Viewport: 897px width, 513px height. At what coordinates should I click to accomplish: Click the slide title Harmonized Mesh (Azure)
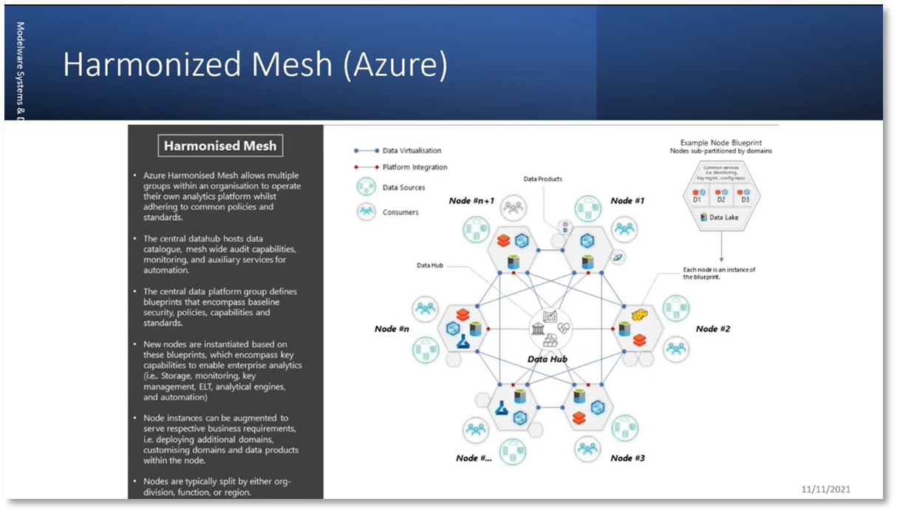(x=255, y=65)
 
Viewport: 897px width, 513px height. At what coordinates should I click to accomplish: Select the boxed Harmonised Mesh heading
(x=220, y=146)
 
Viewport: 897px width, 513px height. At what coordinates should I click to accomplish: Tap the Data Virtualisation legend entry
(x=411, y=151)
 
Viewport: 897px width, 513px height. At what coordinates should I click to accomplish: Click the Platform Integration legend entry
(x=414, y=167)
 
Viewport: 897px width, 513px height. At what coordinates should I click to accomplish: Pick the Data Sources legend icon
(x=366, y=188)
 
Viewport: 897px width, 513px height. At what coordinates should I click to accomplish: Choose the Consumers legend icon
(x=366, y=212)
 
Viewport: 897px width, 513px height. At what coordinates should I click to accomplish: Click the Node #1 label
(x=627, y=200)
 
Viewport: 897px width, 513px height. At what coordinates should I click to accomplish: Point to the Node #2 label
(x=712, y=329)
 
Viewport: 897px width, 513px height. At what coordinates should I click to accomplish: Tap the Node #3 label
(x=627, y=458)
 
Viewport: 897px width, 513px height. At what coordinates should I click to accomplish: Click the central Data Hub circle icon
(x=548, y=328)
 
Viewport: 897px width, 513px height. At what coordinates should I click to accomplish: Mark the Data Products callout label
(x=543, y=179)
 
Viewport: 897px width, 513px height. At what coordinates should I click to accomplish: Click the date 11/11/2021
(x=831, y=489)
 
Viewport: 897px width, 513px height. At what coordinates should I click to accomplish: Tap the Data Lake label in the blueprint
(x=725, y=217)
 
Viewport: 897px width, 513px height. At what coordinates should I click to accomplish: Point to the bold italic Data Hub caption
(x=548, y=359)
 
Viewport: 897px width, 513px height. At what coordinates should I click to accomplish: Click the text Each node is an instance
(x=718, y=270)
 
